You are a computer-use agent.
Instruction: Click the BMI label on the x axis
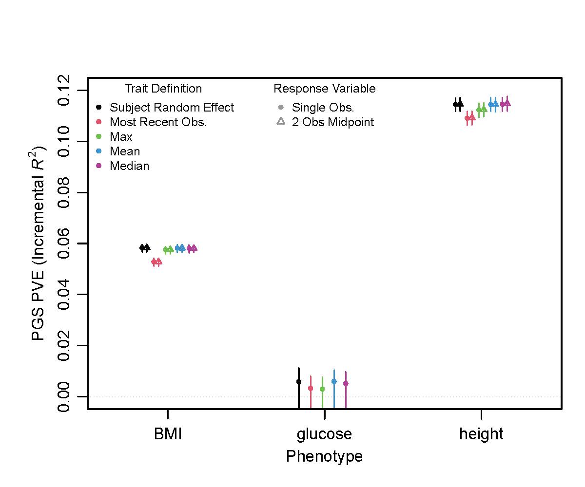tap(168, 434)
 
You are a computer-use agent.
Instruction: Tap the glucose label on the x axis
tap(324, 434)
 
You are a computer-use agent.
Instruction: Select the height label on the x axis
tap(481, 434)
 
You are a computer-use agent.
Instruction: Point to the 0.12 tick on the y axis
tap(64, 91)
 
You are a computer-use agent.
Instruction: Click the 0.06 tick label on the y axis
tap(64, 243)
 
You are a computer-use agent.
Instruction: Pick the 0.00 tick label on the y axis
tap(64, 396)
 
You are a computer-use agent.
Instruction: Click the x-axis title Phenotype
tap(324, 456)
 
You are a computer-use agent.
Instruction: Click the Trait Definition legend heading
tap(163, 89)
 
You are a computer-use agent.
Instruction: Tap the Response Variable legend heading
tap(324, 89)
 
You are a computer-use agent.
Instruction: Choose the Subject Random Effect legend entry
tap(172, 107)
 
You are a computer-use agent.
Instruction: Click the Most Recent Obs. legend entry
tap(158, 122)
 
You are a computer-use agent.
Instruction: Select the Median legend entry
tap(129, 166)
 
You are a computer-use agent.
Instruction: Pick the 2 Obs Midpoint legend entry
tap(332, 122)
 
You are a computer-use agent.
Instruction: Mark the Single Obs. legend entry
tap(323, 107)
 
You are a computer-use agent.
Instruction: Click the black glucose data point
tap(299, 382)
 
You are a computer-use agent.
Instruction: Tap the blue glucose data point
tap(334, 381)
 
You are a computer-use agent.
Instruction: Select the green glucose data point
tap(322, 389)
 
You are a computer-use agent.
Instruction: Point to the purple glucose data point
tap(346, 383)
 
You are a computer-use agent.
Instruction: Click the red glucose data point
tap(311, 388)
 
